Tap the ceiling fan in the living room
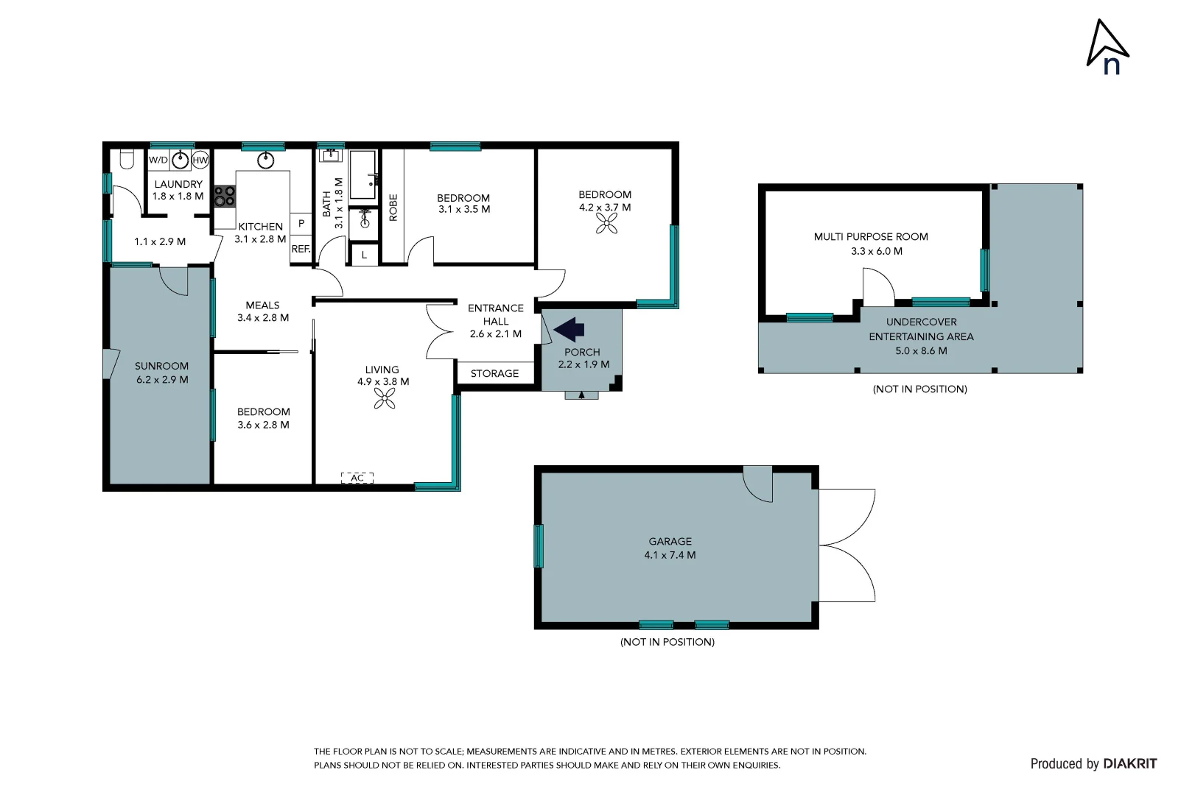pyautogui.click(x=384, y=399)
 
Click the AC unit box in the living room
pyautogui.click(x=357, y=478)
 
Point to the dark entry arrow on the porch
pyautogui.click(x=569, y=328)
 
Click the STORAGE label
pyautogui.click(x=494, y=373)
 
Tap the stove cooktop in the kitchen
pyautogui.click(x=225, y=196)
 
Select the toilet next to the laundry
pyautogui.click(x=125, y=159)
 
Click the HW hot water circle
pyautogui.click(x=200, y=160)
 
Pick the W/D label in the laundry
pyautogui.click(x=158, y=160)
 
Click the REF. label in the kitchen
pyautogui.click(x=301, y=249)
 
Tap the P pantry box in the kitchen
pyautogui.click(x=301, y=223)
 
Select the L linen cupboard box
pyautogui.click(x=364, y=255)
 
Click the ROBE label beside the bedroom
pyautogui.click(x=393, y=208)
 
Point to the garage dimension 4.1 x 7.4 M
pyautogui.click(x=670, y=555)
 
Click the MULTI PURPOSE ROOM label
pyautogui.click(x=871, y=236)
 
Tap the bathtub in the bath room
pyautogui.click(x=362, y=175)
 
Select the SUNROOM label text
pyautogui.click(x=161, y=366)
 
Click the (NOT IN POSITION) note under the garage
pyautogui.click(x=667, y=642)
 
